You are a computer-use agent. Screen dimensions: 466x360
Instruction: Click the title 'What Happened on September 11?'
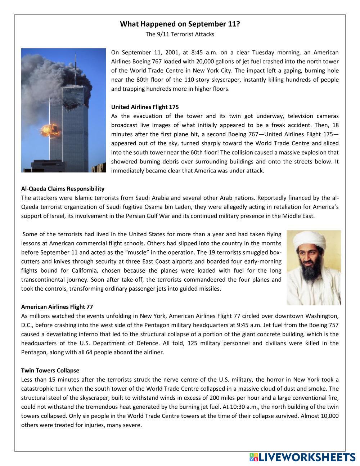pyautogui.click(x=180, y=24)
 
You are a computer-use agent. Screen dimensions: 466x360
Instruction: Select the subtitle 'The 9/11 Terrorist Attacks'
pyautogui.click(x=180, y=34)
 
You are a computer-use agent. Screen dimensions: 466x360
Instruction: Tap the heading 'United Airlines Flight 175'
pyautogui.click(x=145, y=107)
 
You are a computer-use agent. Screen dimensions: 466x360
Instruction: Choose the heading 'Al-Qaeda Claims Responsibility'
pyautogui.click(x=63, y=188)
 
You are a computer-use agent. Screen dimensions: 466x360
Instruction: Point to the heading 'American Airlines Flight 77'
pyautogui.click(x=57, y=307)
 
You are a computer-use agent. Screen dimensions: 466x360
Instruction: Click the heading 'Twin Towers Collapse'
pyautogui.click(x=50, y=370)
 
